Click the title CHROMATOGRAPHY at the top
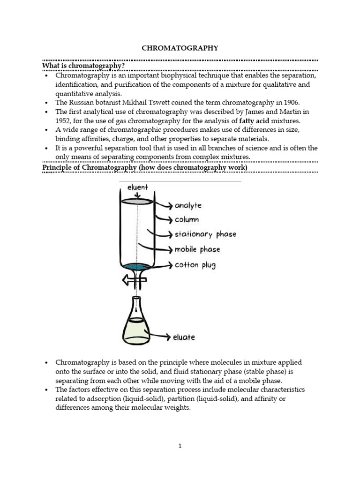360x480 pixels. pos(180,48)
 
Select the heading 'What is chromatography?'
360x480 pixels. pos(83,66)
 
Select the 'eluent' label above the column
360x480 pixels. pos(137,187)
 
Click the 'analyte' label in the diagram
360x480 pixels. pos(188,205)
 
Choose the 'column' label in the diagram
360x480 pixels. pos(187,219)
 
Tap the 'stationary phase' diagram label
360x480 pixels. pos(205,234)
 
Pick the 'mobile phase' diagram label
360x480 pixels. pos(197,249)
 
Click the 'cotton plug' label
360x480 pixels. pos(195,265)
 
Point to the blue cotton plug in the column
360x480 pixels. pos(137,268)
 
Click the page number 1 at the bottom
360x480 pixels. pos(180,446)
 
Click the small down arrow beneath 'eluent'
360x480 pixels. pos(137,195)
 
